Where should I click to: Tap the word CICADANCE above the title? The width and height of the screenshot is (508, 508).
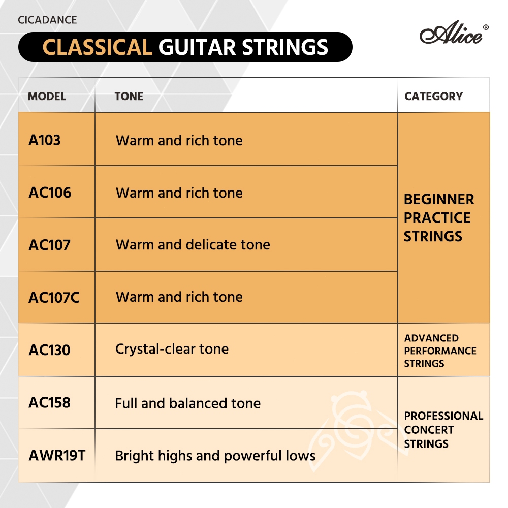tap(47, 20)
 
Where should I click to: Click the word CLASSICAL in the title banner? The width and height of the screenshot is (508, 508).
tap(97, 47)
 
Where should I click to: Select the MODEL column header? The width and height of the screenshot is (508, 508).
tap(47, 96)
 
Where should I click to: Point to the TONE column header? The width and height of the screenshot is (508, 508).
tap(129, 96)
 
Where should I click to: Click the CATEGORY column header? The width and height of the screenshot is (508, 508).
tap(433, 96)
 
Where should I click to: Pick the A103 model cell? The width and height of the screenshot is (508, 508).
tap(45, 140)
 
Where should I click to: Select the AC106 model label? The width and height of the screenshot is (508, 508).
tap(50, 193)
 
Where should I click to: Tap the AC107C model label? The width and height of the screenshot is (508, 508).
tap(54, 297)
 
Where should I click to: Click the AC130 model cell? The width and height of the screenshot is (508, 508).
tap(50, 350)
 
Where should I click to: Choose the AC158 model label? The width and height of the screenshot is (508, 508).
tap(50, 402)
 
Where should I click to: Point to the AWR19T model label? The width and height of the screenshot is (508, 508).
tap(57, 455)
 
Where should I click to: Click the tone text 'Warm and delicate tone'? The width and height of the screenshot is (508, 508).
tap(193, 245)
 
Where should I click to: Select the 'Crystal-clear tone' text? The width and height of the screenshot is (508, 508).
tap(172, 349)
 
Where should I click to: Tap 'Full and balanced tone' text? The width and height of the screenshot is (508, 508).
tap(188, 403)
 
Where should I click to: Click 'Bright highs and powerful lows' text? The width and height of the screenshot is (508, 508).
tap(215, 456)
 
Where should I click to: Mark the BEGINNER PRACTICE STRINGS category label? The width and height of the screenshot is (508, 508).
tap(439, 218)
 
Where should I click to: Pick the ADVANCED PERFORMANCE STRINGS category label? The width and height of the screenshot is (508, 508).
tap(440, 351)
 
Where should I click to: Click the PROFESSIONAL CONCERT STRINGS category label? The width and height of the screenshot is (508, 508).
tap(443, 430)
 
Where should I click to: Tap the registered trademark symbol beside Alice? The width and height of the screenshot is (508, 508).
tap(486, 27)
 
